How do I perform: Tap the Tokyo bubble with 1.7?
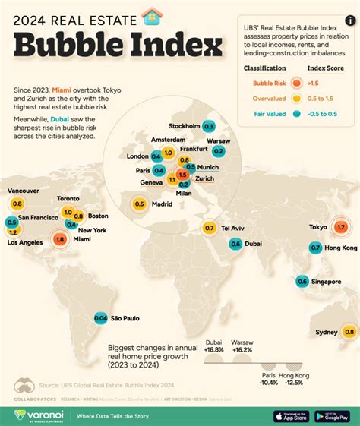coord(340,227)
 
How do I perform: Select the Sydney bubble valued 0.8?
coord(349,331)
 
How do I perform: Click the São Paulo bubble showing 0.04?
coord(100,318)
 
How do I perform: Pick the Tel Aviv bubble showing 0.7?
coord(210,228)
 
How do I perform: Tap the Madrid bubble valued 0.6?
coord(139,204)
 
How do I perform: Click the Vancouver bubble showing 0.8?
coord(17,204)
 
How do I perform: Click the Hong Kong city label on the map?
coord(340,248)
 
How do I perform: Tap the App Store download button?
coord(291,415)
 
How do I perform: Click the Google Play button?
coord(332,415)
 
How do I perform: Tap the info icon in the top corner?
coord(348,9)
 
